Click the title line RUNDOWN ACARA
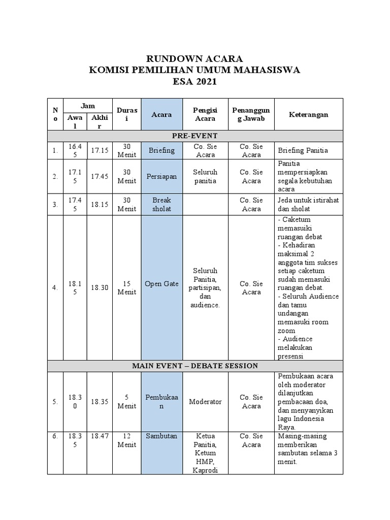pos(195,58)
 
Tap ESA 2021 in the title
pos(195,82)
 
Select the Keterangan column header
pos(309,114)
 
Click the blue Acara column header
pos(161,114)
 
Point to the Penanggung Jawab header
pos(251,114)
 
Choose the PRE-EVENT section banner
pos(195,136)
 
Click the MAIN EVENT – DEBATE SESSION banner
pos(195,366)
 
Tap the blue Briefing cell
pos(161,150)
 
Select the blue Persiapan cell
pos(161,176)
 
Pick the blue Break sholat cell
pos(161,204)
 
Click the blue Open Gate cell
pos(161,284)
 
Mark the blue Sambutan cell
pos(161,436)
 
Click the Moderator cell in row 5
pos(205,402)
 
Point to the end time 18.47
pos(100,436)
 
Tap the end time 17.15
pos(100,150)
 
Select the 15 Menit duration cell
pos(126,287)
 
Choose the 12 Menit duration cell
pos(126,440)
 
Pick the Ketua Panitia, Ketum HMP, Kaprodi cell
pos(205,452)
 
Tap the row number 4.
pos(55,288)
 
